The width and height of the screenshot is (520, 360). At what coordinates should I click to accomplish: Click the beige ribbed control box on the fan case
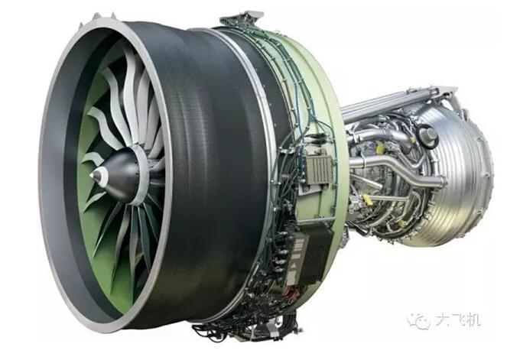tap(318, 169)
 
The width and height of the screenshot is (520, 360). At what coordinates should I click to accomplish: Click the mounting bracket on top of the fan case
tap(242, 19)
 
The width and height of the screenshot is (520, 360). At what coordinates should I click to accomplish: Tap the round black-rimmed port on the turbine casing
tap(428, 135)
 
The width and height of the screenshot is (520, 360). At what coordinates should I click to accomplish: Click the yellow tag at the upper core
tap(379, 148)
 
